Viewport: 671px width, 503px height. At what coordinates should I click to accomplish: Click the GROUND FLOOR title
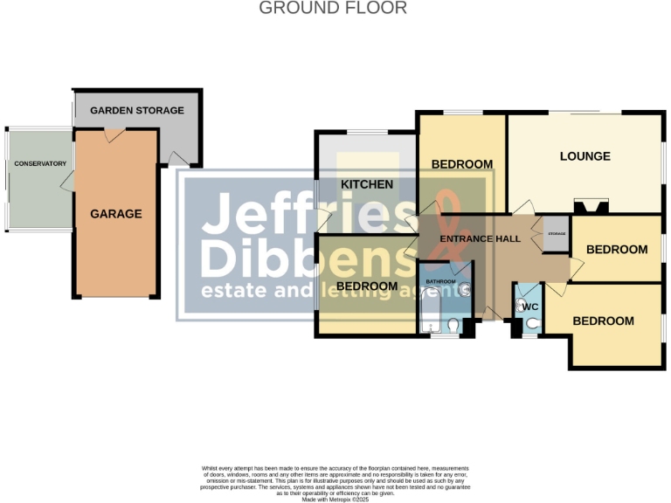pos(333,9)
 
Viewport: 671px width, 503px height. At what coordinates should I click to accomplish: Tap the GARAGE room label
pos(115,214)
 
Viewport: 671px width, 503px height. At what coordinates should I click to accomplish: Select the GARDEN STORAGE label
pos(137,110)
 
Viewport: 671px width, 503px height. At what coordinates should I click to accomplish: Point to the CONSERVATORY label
pos(40,163)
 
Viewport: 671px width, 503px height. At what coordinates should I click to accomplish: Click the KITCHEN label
pos(366,184)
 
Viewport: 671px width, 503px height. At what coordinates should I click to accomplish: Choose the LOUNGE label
pos(585,156)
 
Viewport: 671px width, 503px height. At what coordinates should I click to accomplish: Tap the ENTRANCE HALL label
pos(480,239)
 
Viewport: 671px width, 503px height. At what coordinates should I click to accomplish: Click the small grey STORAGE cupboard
pos(556,234)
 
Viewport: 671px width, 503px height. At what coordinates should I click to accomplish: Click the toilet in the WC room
pos(531,322)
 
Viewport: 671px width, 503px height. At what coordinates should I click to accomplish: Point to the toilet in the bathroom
pos(452,327)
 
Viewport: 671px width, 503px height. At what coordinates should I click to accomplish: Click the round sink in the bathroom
pos(466,291)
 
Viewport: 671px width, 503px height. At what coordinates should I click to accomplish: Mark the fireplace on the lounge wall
pos(591,207)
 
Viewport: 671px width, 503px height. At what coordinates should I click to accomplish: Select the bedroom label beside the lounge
pos(461,164)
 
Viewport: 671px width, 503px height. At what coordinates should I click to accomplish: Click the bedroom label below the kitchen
pos(367,286)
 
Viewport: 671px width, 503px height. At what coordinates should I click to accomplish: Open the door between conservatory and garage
pos(66,181)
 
